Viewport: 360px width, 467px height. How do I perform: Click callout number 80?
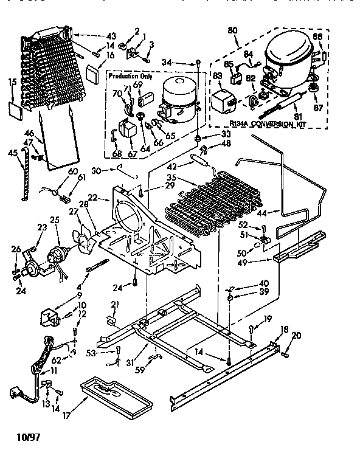[232, 30]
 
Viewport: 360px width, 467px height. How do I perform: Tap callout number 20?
[296, 335]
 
